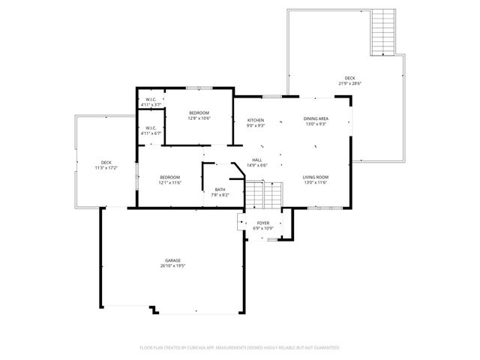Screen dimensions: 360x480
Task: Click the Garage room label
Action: (174, 260)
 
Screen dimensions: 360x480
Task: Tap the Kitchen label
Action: (256, 120)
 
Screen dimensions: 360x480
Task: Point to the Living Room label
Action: (316, 177)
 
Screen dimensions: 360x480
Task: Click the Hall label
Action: (256, 160)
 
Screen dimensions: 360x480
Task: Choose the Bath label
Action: (220, 189)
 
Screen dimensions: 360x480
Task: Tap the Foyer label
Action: (263, 223)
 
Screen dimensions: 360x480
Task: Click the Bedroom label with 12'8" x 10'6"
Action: (199, 112)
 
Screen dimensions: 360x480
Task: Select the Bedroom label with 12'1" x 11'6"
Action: (169, 177)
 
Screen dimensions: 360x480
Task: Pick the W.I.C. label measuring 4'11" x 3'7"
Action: (150, 100)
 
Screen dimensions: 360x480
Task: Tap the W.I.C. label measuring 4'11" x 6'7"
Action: (150, 127)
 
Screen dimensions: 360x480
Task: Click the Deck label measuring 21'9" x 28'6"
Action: (350, 78)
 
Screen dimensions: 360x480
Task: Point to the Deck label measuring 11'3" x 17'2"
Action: (106, 163)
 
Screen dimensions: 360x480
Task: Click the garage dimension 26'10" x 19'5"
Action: (174, 266)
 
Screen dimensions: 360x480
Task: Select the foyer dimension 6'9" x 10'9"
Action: (263, 228)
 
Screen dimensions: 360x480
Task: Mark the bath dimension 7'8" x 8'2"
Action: (220, 195)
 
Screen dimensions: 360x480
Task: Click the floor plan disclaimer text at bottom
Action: (240, 348)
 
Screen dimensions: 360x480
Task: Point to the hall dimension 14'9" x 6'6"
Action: (256, 165)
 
